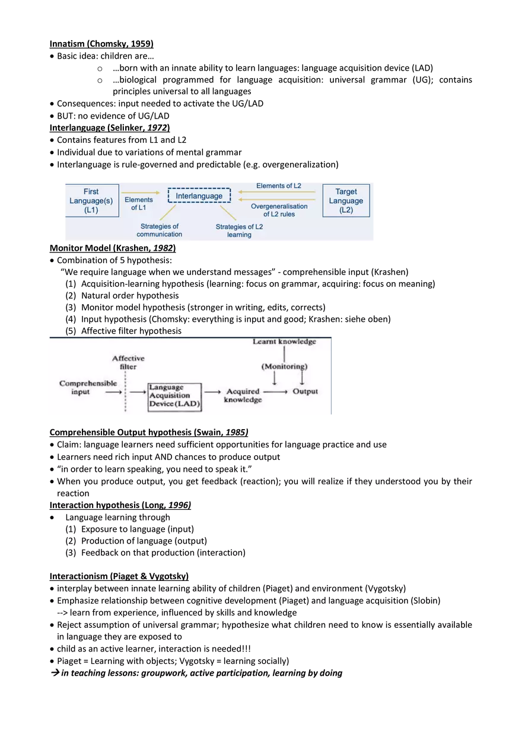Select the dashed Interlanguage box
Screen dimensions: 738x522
(199, 196)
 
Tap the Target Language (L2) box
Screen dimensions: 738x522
(346, 200)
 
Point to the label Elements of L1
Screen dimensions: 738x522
(139, 204)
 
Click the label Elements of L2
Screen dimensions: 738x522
(279, 186)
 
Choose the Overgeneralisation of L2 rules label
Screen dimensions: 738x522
(279, 210)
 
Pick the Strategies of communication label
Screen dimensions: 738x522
(160, 230)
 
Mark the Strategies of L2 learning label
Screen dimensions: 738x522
(239, 231)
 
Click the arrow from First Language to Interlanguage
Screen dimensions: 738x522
(141, 193)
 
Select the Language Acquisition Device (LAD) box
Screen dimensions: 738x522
(174, 395)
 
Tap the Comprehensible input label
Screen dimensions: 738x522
(81, 388)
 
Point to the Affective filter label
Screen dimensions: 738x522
(128, 362)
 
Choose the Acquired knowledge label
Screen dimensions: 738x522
(243, 395)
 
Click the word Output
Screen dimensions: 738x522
(305, 391)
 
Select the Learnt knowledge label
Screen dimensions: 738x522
(284, 341)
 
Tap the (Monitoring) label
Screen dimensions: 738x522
(283, 366)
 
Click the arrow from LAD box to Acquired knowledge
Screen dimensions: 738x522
(212, 392)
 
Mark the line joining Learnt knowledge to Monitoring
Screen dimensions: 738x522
(285, 354)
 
